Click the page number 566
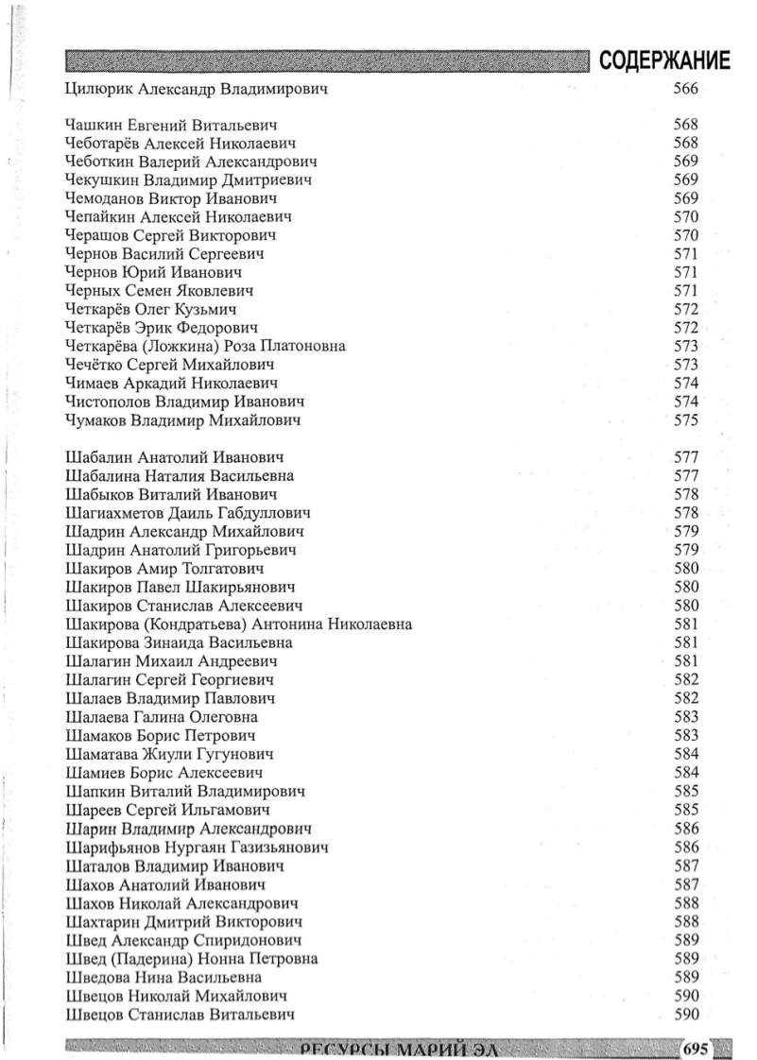(685, 91)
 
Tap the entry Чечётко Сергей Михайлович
(170, 365)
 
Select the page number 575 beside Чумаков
(685, 420)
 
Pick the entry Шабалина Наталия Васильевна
(180, 476)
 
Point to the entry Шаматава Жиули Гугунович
(170, 754)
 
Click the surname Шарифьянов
(114, 847)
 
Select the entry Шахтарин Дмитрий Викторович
(183, 921)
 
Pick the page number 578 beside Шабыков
(685, 495)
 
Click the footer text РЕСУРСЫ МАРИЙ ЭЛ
(397, 1050)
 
